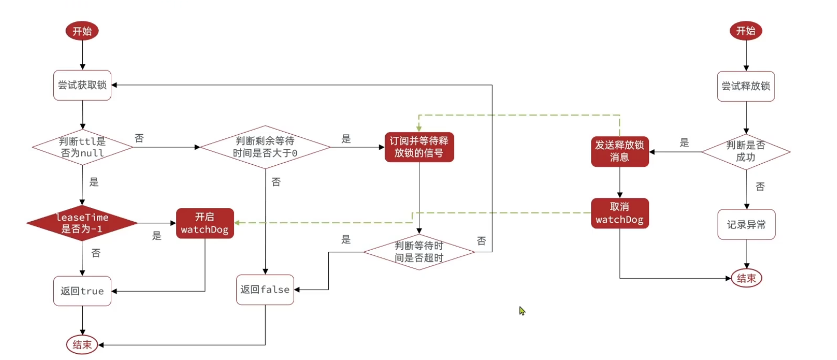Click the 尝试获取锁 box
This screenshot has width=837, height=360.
click(x=82, y=85)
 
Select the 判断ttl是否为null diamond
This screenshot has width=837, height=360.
click(x=82, y=147)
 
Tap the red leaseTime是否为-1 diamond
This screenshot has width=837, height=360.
click(x=82, y=223)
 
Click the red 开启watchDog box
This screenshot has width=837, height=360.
click(x=205, y=223)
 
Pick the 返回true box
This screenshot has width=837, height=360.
click(x=82, y=291)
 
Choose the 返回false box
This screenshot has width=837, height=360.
click(x=265, y=290)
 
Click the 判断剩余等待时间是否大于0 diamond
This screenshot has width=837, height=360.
click(x=265, y=147)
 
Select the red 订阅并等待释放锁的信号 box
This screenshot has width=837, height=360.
click(x=419, y=147)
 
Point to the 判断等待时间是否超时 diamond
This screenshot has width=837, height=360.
click(x=419, y=252)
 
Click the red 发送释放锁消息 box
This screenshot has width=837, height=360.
click(x=619, y=151)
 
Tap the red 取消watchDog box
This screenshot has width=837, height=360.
click(x=619, y=213)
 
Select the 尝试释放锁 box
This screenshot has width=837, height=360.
click(x=746, y=86)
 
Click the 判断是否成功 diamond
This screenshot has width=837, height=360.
click(x=746, y=151)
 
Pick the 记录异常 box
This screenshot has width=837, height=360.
click(x=746, y=224)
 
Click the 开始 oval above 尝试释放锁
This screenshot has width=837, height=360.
click(x=746, y=31)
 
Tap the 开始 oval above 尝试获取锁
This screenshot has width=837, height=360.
click(x=82, y=31)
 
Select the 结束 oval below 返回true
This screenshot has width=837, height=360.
click(x=82, y=345)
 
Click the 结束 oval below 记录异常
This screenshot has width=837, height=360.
click(x=746, y=278)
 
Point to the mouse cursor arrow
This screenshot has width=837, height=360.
click(x=521, y=310)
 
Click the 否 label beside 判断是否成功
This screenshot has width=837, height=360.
click(x=760, y=187)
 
